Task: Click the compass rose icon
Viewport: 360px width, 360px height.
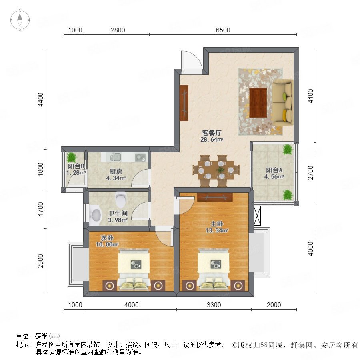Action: coord(20,20)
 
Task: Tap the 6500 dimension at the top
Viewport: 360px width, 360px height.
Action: coord(223,30)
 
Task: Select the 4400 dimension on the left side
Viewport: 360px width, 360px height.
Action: coord(40,100)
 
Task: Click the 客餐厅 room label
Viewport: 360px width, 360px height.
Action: coord(212,133)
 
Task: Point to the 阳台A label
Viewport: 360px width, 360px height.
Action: coord(274,170)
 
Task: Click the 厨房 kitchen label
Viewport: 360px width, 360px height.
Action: coord(116,172)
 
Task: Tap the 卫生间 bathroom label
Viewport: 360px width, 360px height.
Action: coord(118,213)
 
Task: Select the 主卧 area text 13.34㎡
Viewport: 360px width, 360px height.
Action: coord(217,230)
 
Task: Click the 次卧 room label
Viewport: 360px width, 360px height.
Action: coord(107,238)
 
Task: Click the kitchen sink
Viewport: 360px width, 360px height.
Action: coord(115,157)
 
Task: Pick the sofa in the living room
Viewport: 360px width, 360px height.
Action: coord(282,103)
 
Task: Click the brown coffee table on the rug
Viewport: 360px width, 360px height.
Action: coord(258,103)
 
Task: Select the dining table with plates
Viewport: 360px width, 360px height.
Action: coord(216,170)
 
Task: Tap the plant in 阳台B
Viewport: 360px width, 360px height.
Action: coord(72,158)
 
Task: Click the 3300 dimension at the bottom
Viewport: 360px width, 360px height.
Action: coord(214,305)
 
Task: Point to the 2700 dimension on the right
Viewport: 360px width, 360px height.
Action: coord(310,173)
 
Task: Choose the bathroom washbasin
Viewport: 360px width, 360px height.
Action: coord(96,214)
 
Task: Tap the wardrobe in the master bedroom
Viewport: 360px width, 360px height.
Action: coord(215,198)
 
